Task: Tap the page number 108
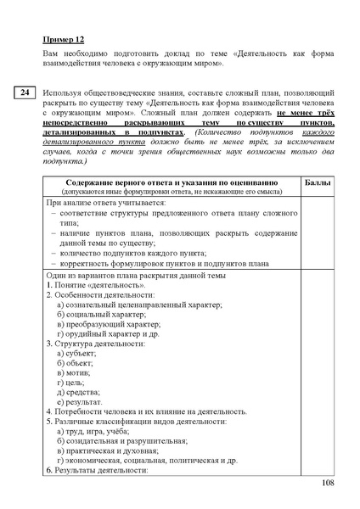329,483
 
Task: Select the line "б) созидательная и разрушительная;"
122,441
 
